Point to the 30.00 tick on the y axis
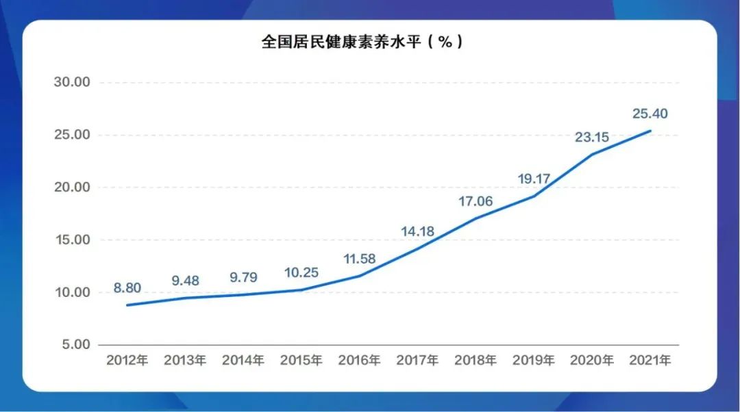coord(72,82)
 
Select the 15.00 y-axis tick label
coord(72,240)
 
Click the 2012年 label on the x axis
coord(127,360)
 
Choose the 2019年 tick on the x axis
coord(534,360)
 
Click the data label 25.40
coord(650,114)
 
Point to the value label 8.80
coord(127,288)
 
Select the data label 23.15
coord(592,137)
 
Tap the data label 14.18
coord(417,232)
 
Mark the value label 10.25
coord(301,273)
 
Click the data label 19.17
coord(534,179)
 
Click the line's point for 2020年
coord(592,154)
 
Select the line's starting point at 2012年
coord(127,305)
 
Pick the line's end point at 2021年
coord(650,131)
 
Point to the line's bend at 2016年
coord(359,276)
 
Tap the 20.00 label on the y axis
coord(72,187)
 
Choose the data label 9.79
coord(243,278)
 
